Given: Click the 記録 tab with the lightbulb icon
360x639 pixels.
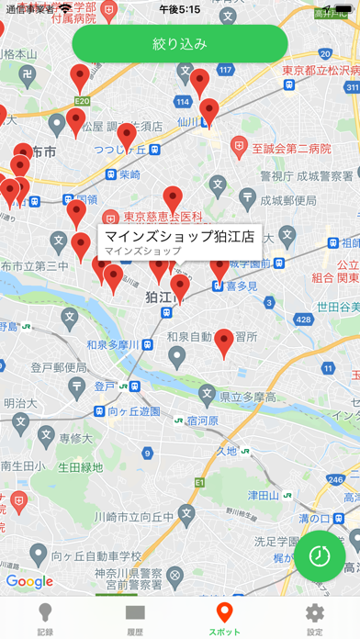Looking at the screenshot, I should point(45,618).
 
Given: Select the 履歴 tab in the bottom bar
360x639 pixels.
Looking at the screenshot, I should point(135,618).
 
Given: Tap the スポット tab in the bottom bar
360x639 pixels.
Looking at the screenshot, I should point(225,618).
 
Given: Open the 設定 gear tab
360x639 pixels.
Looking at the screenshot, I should point(315,618).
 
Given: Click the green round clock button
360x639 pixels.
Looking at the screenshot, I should point(320,555).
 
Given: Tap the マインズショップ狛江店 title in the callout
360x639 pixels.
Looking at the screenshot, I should point(180,235).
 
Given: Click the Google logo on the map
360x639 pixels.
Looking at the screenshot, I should point(29,581).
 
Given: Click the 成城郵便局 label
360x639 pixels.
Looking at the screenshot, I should point(287,200).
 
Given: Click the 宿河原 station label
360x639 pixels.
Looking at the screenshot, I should point(201,420).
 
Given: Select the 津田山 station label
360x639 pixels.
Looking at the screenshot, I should point(267,496).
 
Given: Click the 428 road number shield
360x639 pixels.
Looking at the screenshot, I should point(304,319).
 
